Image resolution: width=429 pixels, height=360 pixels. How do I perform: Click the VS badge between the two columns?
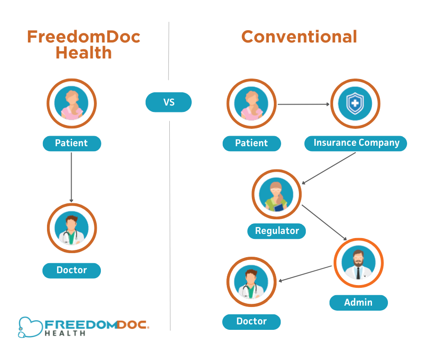coord(168,102)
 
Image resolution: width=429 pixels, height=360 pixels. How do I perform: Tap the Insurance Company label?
coord(356,143)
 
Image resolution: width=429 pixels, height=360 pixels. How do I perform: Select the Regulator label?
coord(277,231)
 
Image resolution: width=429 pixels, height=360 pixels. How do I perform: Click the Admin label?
coord(358,302)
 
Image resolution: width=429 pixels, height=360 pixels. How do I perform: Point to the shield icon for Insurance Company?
coord(355,103)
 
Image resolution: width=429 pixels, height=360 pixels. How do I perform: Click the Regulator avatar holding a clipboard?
coord(277,194)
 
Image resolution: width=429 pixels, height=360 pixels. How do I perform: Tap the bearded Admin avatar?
coord(359,263)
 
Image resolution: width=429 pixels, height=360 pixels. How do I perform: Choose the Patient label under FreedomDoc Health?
coord(72,143)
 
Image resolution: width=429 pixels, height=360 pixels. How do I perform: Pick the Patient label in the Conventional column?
coord(251,143)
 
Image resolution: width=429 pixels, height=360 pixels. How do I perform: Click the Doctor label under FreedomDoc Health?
coord(72,270)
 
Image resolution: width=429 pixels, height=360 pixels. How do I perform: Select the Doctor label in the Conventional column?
coord(251,322)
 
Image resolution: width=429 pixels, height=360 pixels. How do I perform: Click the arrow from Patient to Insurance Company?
coord(303,105)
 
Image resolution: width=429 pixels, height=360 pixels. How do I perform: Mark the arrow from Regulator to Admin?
coord(324,222)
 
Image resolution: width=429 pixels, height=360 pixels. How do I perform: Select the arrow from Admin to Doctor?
coord(305,273)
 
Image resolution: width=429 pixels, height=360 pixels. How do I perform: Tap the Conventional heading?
coord(299,37)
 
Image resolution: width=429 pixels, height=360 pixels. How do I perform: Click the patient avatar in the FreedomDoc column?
coord(72,104)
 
